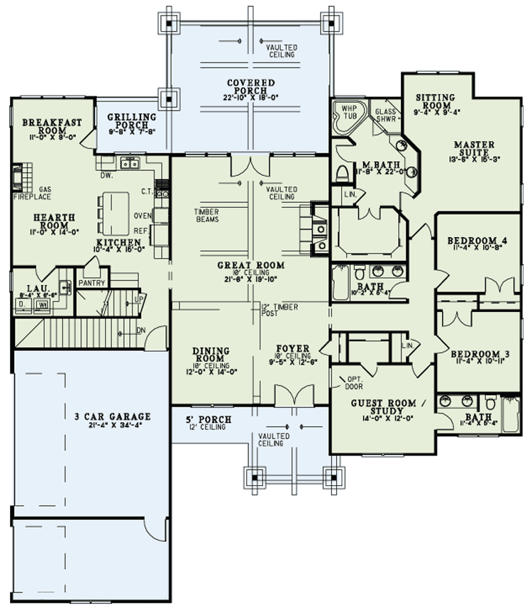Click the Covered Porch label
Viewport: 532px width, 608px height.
[x=247, y=87]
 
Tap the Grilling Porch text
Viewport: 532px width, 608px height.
[x=132, y=121]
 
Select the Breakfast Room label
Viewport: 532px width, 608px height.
[x=51, y=126]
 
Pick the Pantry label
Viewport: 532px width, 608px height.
[x=92, y=282]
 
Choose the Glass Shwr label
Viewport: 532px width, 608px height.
[x=386, y=115]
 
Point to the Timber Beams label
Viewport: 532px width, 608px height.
[x=206, y=216]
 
